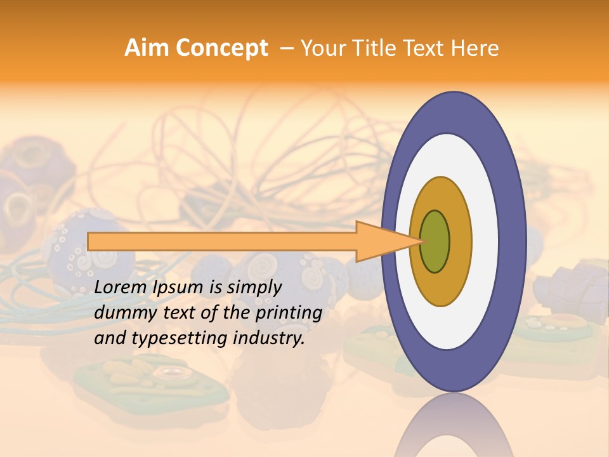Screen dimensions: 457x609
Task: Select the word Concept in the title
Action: [222, 48]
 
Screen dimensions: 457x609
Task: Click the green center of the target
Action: [435, 241]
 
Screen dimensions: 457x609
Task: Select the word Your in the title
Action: [321, 48]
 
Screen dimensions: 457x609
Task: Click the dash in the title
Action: [286, 48]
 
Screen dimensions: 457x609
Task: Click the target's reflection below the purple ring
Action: [454, 428]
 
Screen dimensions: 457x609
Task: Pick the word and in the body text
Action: [109, 338]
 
